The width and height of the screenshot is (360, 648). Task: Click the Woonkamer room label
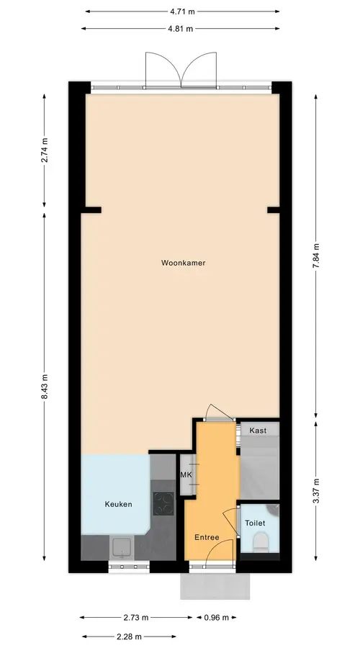click(183, 263)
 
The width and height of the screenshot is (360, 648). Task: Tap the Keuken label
click(118, 504)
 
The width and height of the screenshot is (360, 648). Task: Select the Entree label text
click(207, 537)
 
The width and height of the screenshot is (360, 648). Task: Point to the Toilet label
click(255, 523)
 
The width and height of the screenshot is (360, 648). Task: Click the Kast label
click(258, 431)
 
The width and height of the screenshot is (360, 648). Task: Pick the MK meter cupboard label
click(186, 475)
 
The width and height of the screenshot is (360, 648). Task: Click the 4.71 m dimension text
click(182, 12)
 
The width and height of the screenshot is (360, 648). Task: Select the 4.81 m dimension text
click(180, 29)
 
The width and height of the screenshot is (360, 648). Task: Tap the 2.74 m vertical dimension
click(45, 150)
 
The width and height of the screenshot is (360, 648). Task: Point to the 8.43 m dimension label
click(45, 387)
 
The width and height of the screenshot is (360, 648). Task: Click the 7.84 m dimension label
click(316, 256)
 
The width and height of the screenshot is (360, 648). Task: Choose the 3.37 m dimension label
click(316, 490)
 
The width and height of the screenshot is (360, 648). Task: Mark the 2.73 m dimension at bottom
click(136, 618)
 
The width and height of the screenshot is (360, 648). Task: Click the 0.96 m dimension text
click(216, 618)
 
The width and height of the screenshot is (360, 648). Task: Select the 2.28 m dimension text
click(130, 636)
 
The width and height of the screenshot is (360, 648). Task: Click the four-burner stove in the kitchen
click(163, 504)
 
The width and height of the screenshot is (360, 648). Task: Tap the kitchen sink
click(122, 549)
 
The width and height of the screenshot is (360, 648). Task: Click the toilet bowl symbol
click(261, 541)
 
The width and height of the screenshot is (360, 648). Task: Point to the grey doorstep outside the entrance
click(215, 585)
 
